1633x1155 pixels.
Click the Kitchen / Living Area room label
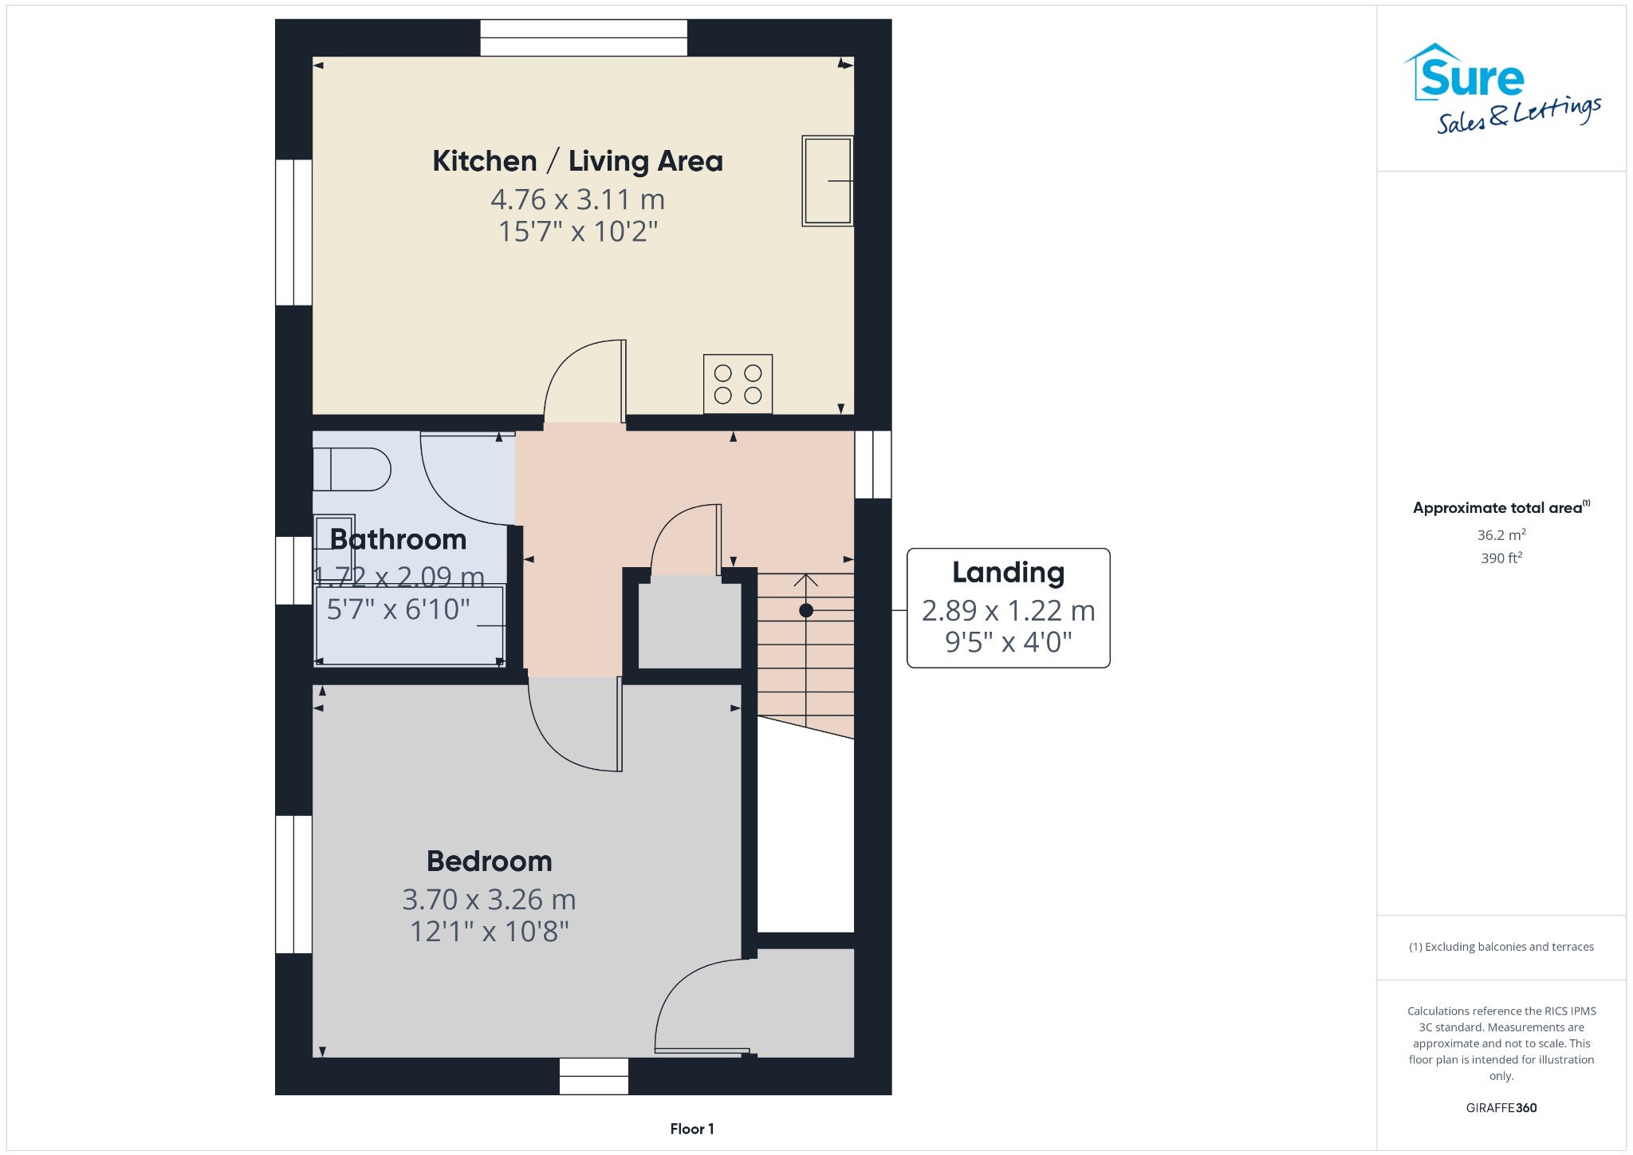click(577, 161)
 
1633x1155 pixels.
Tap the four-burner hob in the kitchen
click(738, 384)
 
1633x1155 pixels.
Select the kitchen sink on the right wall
click(828, 181)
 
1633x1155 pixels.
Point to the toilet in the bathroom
click(352, 469)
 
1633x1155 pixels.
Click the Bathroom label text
click(398, 540)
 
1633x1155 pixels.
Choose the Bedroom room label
click(490, 861)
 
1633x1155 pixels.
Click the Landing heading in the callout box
click(1009, 573)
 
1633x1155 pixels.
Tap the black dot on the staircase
click(806, 610)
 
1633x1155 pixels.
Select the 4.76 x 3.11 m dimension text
click(577, 199)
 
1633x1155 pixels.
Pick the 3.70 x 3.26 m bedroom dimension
click(489, 899)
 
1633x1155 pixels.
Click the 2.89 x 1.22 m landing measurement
click(1009, 610)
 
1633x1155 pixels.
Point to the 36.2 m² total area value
click(1501, 534)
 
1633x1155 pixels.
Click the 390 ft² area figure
click(1501, 558)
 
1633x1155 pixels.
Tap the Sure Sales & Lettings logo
click(1502, 88)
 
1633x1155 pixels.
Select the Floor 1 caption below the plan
click(692, 1129)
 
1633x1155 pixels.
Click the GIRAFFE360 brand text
click(1501, 1107)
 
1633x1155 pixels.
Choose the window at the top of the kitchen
click(584, 37)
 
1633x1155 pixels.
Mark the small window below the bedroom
click(594, 1076)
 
